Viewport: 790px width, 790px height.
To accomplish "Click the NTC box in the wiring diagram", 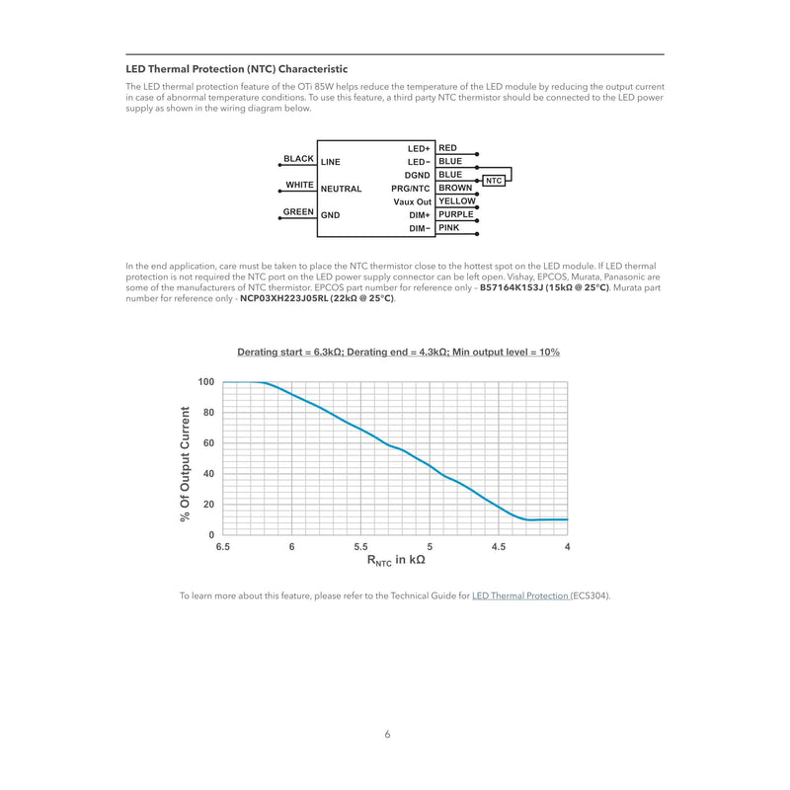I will pyautogui.click(x=495, y=181).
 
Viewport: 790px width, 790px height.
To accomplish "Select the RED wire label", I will pyautogui.click(x=447, y=148).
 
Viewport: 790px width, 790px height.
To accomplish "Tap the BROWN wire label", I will pyautogui.click(x=454, y=188).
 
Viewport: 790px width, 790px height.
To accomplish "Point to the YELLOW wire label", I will pyautogui.click(x=456, y=201).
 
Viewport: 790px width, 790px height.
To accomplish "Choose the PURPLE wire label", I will pyautogui.click(x=456, y=214).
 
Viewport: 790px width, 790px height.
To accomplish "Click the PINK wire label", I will pyautogui.click(x=448, y=228).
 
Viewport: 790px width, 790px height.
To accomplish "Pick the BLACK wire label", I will pyautogui.click(x=298, y=159).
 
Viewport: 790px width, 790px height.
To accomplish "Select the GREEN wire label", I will pyautogui.click(x=298, y=212).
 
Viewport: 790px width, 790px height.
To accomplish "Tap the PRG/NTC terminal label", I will pyautogui.click(x=411, y=189).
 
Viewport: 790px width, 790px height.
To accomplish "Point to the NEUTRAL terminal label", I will pyautogui.click(x=341, y=189).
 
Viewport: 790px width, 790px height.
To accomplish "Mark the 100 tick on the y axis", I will pyautogui.click(x=205, y=382).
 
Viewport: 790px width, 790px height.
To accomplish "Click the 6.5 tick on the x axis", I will pyautogui.click(x=223, y=547).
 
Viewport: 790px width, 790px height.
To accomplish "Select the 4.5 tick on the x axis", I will pyautogui.click(x=499, y=547).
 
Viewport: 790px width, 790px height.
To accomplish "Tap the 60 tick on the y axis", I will pyautogui.click(x=207, y=443).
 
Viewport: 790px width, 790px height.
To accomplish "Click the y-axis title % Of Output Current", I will pyautogui.click(x=186, y=464).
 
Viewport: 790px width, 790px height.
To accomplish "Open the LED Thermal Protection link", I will pyautogui.click(x=520, y=596).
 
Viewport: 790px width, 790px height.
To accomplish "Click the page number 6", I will pyautogui.click(x=388, y=735).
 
